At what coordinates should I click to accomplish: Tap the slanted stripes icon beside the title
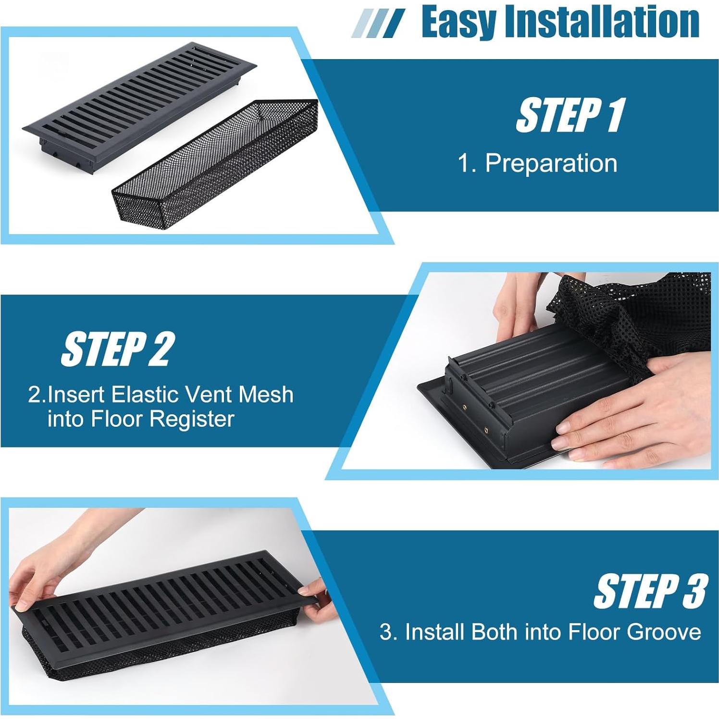(378, 23)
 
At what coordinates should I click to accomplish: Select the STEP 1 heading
(570, 115)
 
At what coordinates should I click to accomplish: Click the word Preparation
(551, 163)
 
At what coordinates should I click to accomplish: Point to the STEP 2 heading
(117, 349)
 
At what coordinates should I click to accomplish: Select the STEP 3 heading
(650, 591)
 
